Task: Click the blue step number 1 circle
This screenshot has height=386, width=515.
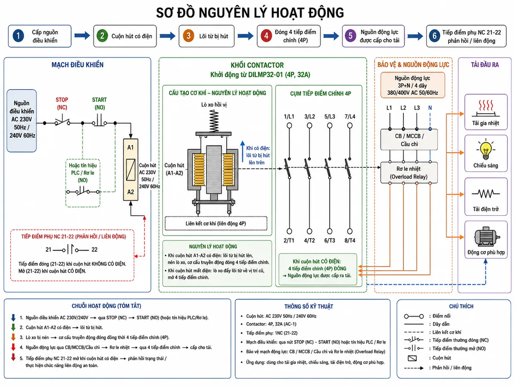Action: (x=18, y=36)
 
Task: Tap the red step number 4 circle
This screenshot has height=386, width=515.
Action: (x=266, y=36)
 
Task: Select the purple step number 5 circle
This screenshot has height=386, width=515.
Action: (x=350, y=36)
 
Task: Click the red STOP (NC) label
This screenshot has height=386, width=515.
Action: (x=62, y=103)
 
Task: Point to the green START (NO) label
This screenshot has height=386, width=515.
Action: (x=100, y=103)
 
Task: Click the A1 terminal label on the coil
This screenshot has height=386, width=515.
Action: (x=130, y=148)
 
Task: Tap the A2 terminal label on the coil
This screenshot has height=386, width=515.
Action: (x=130, y=192)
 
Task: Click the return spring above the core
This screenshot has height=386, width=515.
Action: (x=214, y=121)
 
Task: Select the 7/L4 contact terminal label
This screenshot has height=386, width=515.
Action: (x=350, y=117)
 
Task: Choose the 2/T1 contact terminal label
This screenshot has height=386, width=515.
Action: (x=289, y=241)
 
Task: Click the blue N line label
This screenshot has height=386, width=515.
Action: (x=430, y=108)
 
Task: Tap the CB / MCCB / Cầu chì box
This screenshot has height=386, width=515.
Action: (x=409, y=140)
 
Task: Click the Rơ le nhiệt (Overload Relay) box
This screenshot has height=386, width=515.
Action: (x=409, y=172)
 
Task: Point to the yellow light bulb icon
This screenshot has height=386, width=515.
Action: (x=486, y=150)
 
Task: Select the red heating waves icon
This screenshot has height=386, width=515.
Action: (x=486, y=105)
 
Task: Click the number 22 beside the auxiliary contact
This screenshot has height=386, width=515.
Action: (x=94, y=249)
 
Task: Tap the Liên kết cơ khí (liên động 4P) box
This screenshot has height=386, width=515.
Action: (x=216, y=223)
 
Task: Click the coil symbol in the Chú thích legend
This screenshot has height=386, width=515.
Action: (x=412, y=358)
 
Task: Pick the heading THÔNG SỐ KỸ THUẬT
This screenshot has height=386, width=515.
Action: (x=309, y=307)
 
